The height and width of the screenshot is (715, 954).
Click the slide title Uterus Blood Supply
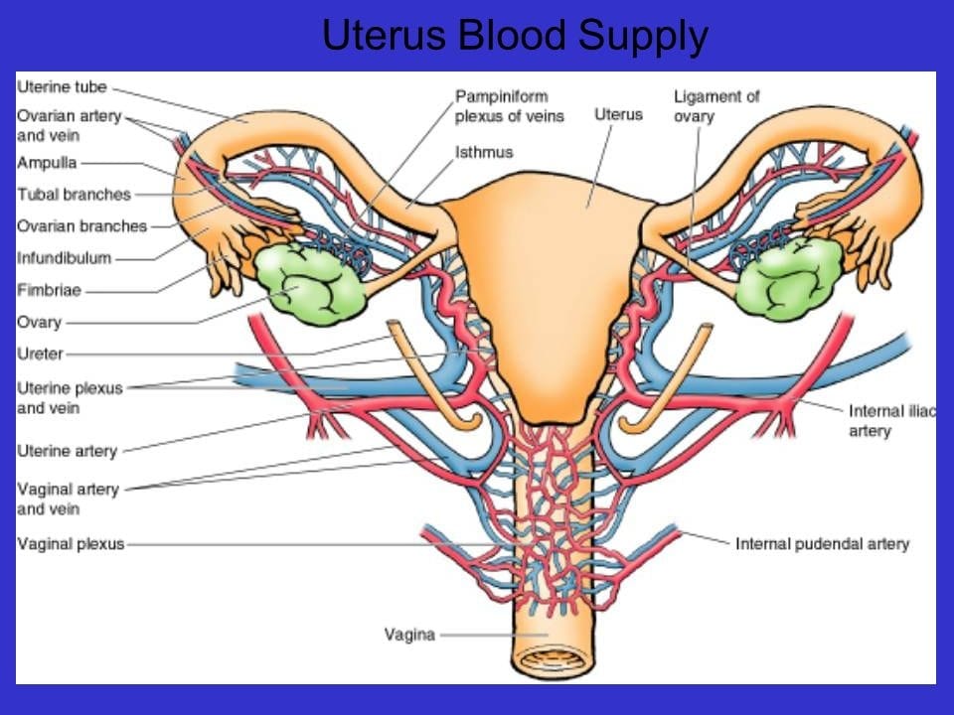click(x=515, y=36)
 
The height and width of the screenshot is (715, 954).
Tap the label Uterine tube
click(x=62, y=87)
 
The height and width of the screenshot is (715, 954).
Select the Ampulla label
click(x=47, y=163)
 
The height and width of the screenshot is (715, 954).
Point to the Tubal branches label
click(x=74, y=195)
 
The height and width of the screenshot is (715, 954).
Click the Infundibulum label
click(x=64, y=258)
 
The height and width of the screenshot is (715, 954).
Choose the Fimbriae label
click(x=49, y=290)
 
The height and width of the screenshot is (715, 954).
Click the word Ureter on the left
click(x=40, y=354)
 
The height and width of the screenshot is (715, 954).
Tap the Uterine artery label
click(x=67, y=451)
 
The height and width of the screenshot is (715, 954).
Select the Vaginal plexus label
click(x=71, y=543)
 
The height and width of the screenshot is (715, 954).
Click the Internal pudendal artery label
click(x=822, y=543)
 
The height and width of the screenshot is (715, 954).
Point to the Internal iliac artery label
click(x=892, y=421)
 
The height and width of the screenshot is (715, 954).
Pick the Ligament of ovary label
click(x=716, y=106)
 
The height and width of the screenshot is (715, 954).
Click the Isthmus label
click(x=484, y=152)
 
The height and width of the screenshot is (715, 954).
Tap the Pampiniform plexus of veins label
click(x=509, y=106)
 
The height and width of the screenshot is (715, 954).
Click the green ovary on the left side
click(x=309, y=283)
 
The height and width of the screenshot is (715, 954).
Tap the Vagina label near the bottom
click(x=409, y=635)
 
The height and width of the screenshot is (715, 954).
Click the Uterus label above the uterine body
click(x=618, y=114)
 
